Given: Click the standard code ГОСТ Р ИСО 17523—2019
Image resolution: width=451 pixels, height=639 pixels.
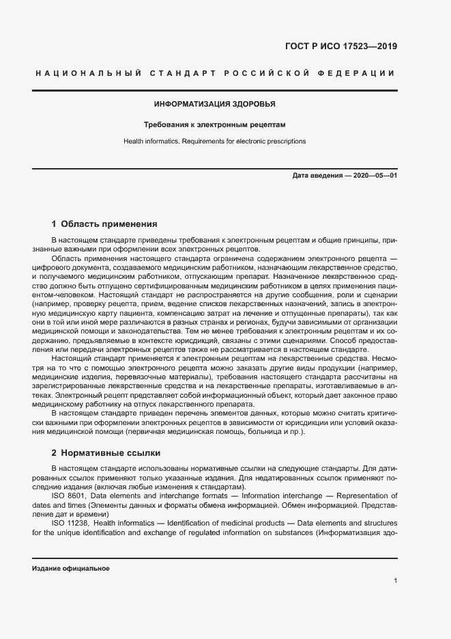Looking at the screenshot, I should (x=340, y=46).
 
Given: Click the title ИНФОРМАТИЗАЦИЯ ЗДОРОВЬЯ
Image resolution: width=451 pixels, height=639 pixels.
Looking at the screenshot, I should (x=214, y=104).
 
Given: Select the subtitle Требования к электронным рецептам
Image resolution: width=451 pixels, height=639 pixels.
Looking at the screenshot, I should (x=214, y=125).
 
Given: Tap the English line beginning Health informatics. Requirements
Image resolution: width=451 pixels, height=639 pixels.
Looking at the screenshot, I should (x=214, y=141).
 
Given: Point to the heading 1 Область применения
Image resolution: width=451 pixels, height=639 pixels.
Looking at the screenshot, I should (x=104, y=223).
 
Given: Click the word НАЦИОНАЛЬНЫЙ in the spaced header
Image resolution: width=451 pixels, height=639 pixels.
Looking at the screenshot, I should (x=87, y=72).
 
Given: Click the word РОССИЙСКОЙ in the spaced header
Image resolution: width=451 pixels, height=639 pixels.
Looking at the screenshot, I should (x=267, y=72).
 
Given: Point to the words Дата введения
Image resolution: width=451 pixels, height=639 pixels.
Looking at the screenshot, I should (x=317, y=176).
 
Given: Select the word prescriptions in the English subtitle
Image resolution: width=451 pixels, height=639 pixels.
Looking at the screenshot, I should (x=287, y=141).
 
